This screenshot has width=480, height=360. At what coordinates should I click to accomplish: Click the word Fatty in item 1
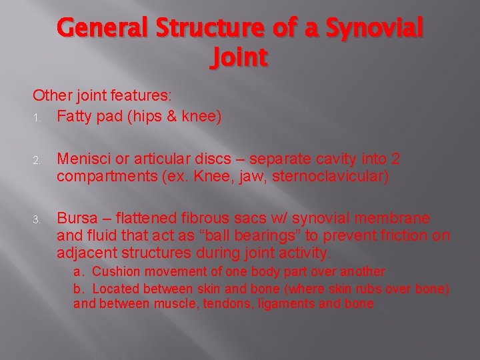pos(75,117)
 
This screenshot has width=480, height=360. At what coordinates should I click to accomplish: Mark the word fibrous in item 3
pos(203,219)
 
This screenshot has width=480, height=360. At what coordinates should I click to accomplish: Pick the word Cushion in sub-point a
pos(113,271)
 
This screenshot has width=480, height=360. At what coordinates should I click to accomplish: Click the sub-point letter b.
pos(78,288)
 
